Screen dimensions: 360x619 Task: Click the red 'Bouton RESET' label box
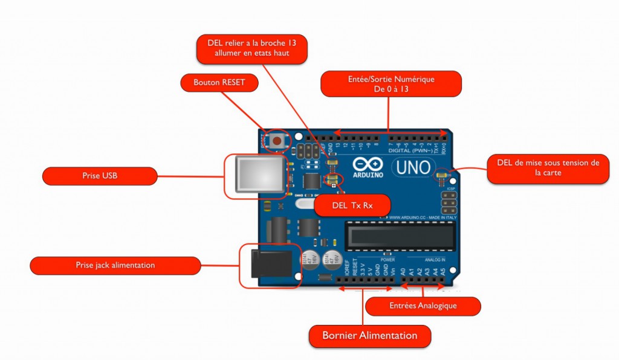tap(219, 83)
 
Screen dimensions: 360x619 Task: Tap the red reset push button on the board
tap(277, 140)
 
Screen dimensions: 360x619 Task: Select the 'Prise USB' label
tap(100, 176)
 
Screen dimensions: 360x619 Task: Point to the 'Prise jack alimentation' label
tap(115, 265)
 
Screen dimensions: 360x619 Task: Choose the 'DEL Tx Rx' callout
tap(352, 205)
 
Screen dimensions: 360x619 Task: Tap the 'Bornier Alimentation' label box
tap(370, 335)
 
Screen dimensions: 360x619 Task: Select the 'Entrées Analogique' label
tap(423, 306)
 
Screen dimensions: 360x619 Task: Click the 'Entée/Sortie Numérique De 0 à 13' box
tap(391, 84)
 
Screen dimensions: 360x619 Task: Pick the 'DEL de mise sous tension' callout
tap(548, 167)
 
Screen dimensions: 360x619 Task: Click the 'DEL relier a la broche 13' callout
tap(252, 48)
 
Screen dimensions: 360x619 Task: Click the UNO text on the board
tap(414, 167)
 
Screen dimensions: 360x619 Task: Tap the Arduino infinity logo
tap(365, 164)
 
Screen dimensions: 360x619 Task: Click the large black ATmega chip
tap(399, 234)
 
